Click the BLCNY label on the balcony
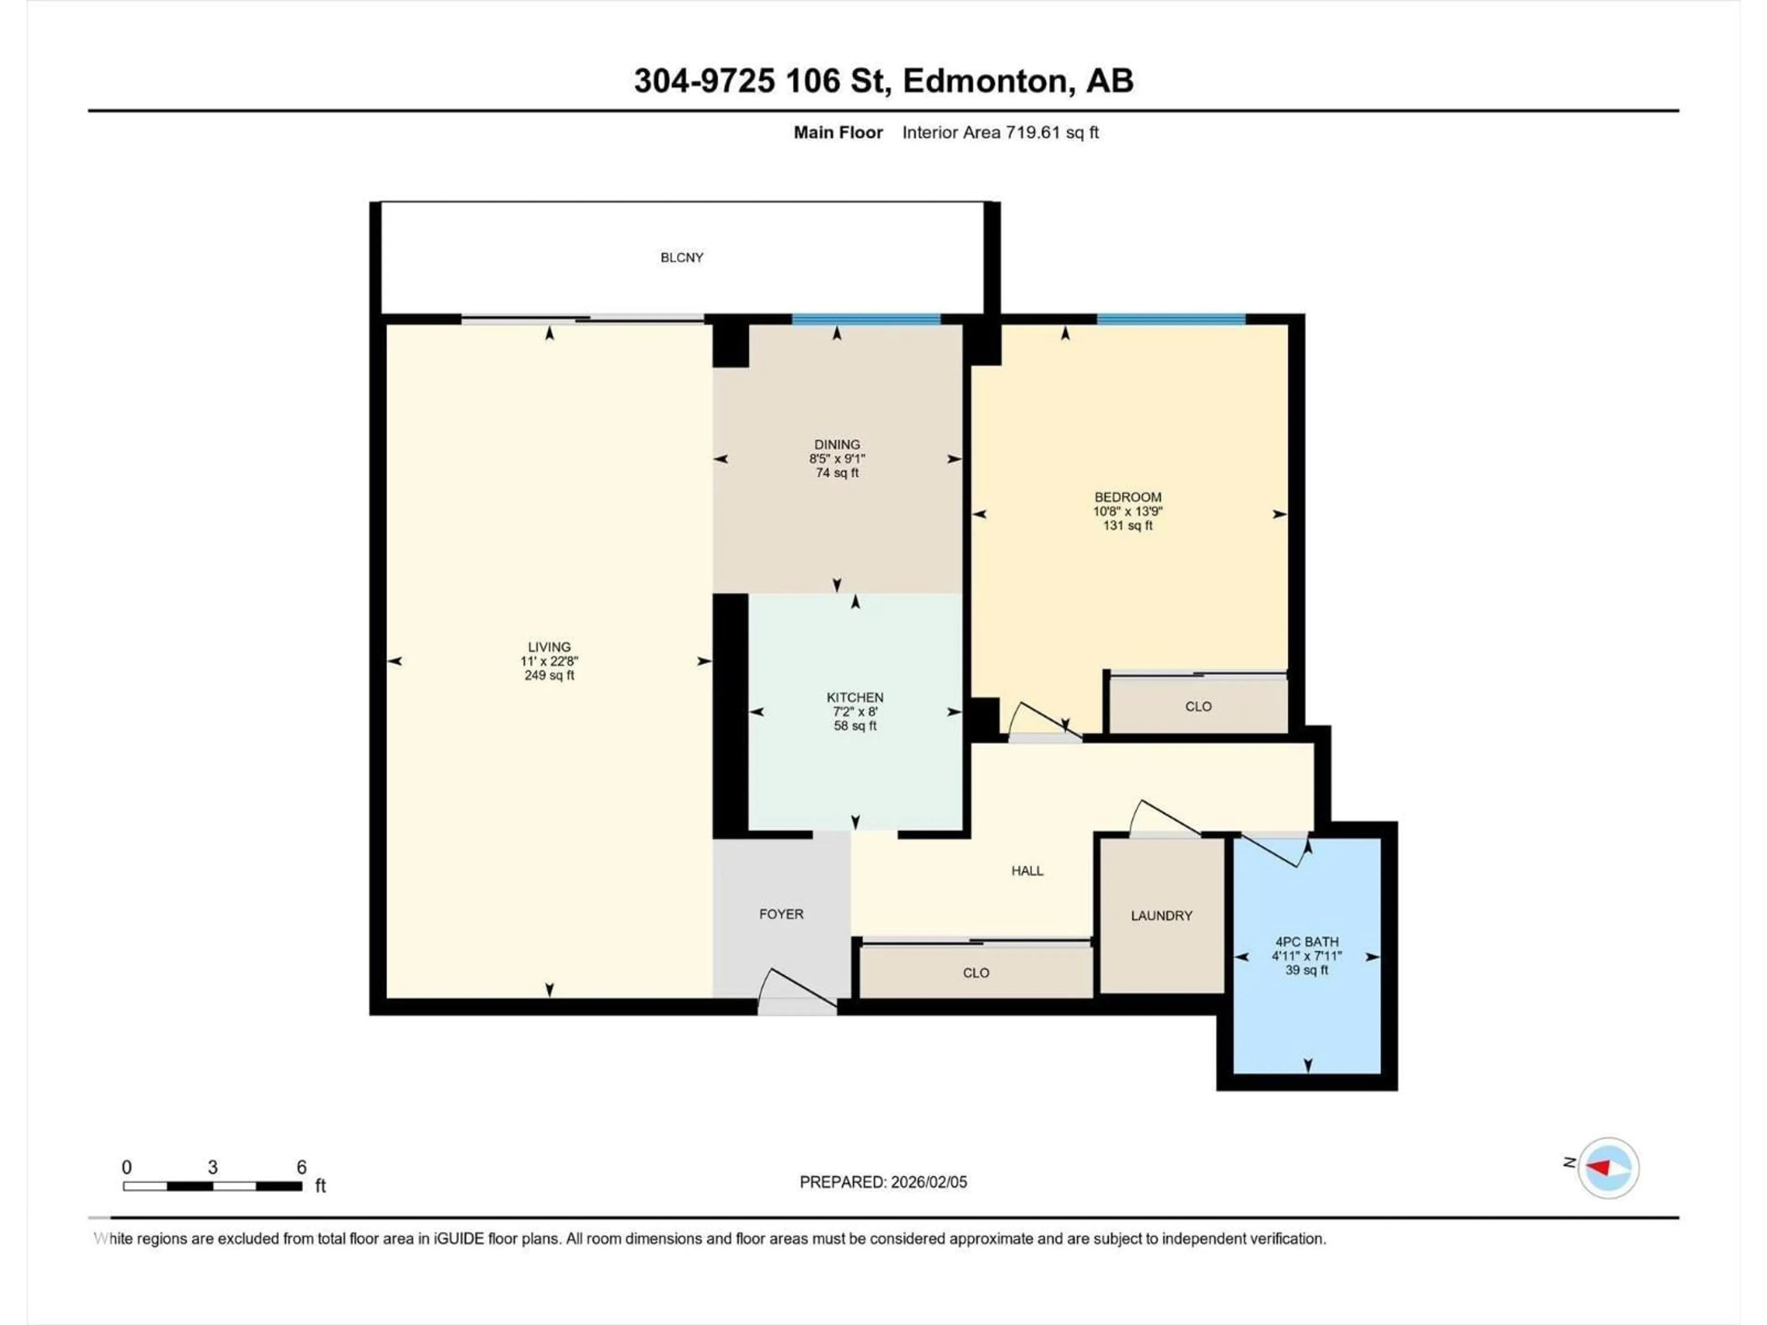click(681, 257)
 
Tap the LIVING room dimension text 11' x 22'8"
click(549, 661)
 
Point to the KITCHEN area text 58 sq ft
click(855, 726)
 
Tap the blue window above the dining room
click(866, 319)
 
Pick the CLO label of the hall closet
click(976, 973)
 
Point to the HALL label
click(1027, 870)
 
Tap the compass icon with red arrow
click(1608, 1168)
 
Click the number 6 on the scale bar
click(301, 1167)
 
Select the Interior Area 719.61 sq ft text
click(1000, 132)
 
